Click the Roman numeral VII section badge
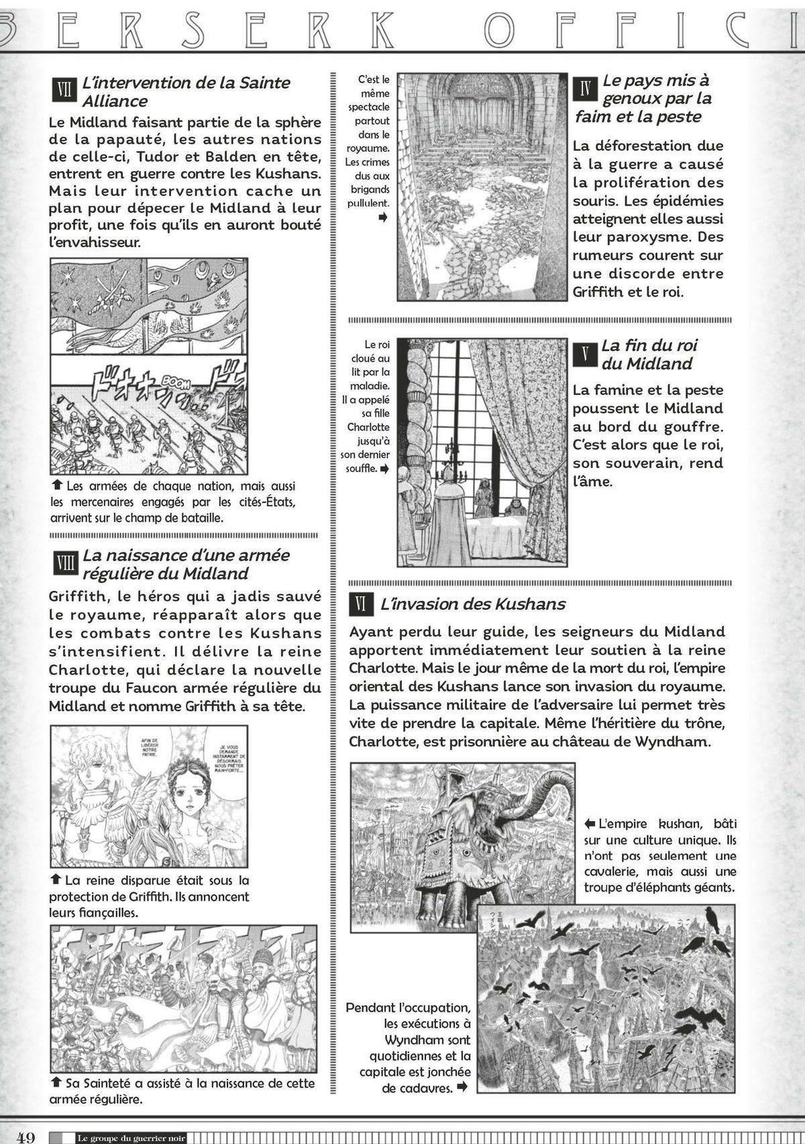[x=63, y=90]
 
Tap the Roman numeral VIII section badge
[x=63, y=563]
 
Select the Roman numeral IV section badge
[x=584, y=88]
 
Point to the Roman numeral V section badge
[x=584, y=354]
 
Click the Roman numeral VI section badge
[x=360, y=604]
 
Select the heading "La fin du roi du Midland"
[x=649, y=354]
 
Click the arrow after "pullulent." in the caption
[x=383, y=218]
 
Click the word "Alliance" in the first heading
[x=115, y=101]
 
